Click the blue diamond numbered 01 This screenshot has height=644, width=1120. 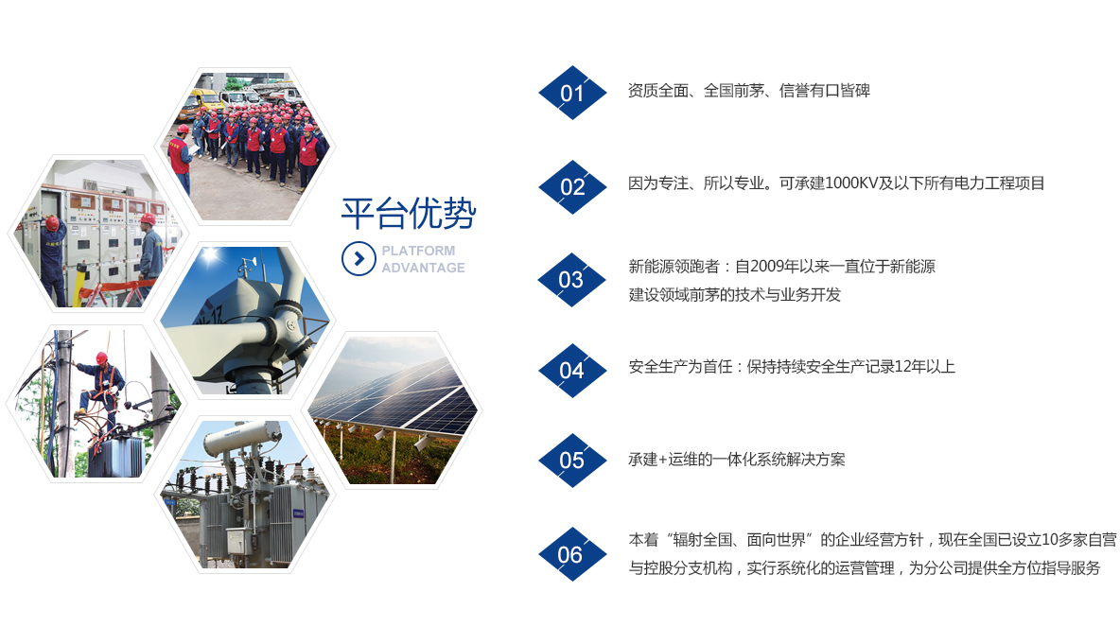click(572, 93)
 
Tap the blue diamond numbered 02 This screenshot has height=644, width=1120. click(572, 187)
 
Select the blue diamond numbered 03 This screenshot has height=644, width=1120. click(572, 280)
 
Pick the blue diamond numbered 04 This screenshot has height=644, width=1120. click(572, 371)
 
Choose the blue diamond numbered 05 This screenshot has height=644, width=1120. click(572, 461)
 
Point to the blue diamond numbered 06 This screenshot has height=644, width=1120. click(572, 554)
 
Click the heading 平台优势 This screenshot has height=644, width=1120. click(409, 214)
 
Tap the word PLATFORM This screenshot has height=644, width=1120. click(418, 251)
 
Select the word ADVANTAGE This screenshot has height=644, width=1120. click(423, 268)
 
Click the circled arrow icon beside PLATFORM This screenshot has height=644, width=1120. click(359, 258)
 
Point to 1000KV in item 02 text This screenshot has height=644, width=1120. click(850, 183)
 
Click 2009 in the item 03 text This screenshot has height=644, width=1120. click(766, 267)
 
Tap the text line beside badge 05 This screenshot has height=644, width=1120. click(737, 460)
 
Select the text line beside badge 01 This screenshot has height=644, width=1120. click(748, 91)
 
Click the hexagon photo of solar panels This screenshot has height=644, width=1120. click(395, 409)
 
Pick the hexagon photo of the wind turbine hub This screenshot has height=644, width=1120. click(245, 320)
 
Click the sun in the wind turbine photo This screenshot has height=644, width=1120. click(210, 255)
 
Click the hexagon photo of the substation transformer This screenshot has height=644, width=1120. click(245, 494)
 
